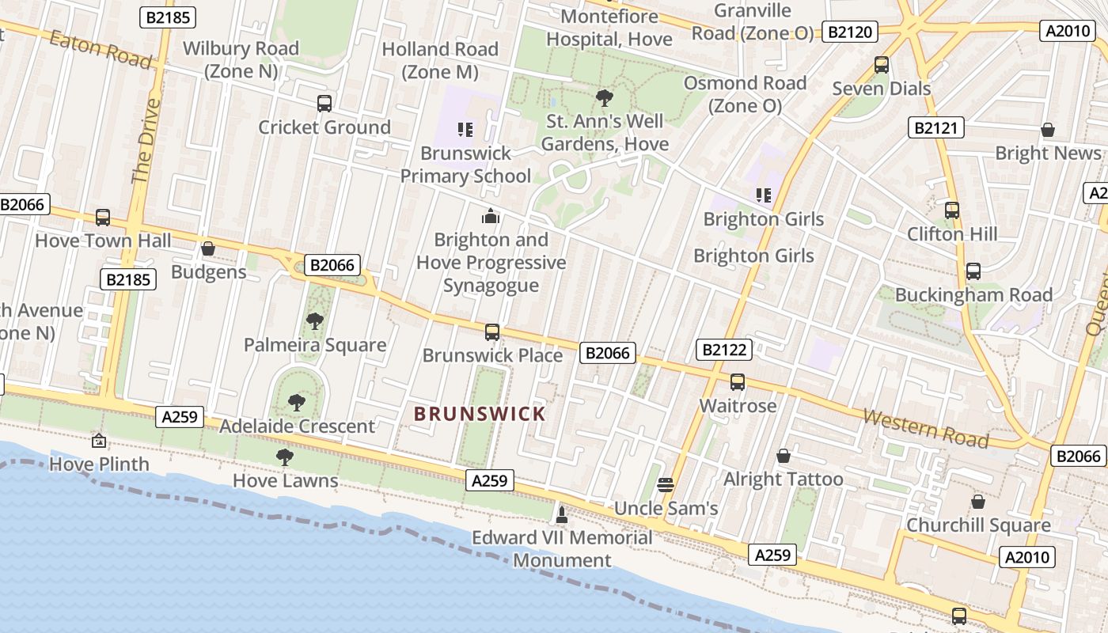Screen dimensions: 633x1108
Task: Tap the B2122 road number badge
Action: [723, 349]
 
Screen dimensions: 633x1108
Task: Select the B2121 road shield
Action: [935, 127]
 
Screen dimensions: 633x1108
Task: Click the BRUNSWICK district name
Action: [480, 413]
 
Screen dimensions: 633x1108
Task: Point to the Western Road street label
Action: [925, 427]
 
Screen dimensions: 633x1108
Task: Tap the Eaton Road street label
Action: [100, 49]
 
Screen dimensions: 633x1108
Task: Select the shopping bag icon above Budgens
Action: [208, 249]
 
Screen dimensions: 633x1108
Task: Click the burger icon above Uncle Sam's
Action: [665, 484]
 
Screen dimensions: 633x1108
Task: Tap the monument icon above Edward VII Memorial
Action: [562, 515]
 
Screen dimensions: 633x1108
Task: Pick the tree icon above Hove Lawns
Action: [284, 457]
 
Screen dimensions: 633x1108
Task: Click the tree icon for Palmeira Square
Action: [314, 320]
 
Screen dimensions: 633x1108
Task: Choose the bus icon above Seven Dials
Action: [881, 65]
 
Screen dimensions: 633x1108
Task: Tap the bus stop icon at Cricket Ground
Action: [324, 104]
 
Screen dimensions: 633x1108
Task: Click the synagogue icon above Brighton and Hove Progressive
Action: [491, 216]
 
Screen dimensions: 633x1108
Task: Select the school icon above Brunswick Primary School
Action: [465, 129]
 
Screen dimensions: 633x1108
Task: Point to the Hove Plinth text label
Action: [99, 464]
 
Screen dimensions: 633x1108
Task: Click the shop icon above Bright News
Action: [1048, 130]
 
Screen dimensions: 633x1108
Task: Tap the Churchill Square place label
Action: [978, 525]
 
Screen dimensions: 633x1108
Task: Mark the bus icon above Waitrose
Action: [738, 382]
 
